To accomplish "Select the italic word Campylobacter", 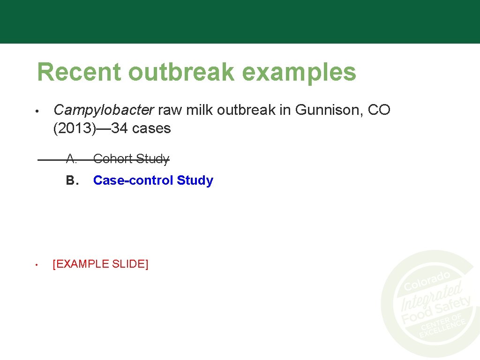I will pos(104,111).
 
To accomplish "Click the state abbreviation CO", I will pos(379,110).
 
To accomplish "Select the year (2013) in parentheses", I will pos(74,128).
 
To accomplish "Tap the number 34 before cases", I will pos(120,128).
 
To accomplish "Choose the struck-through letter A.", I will pos(71,159).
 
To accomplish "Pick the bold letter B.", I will pos(71,180).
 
